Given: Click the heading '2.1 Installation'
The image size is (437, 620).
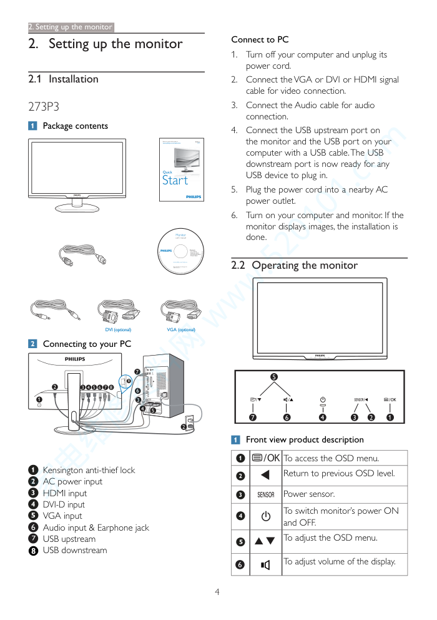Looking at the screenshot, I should (x=64, y=79).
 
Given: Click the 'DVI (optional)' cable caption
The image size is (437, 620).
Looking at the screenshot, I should (x=118, y=329).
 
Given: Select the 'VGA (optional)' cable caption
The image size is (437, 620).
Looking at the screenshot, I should (x=181, y=329).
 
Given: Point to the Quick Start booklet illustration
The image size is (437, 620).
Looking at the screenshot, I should (x=181, y=169).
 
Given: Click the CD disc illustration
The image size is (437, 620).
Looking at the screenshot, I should (x=181, y=251).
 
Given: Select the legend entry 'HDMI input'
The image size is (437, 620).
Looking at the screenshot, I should (x=65, y=493).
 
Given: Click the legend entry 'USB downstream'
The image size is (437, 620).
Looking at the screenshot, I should (x=75, y=551).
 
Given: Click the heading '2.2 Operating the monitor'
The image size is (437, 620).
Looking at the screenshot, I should (x=295, y=266).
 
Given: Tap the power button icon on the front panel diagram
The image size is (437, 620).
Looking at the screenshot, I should (x=322, y=399).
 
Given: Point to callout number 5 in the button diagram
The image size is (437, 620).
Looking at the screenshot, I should (x=273, y=376).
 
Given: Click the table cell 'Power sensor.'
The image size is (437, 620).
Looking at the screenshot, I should (x=309, y=494).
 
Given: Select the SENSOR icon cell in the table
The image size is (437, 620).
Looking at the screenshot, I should (x=266, y=494).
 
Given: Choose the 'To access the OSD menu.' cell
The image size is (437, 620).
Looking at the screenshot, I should (x=331, y=458).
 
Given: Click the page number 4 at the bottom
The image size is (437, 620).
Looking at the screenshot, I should (x=217, y=592).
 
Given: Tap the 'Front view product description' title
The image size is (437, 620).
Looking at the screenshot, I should (x=305, y=439).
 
